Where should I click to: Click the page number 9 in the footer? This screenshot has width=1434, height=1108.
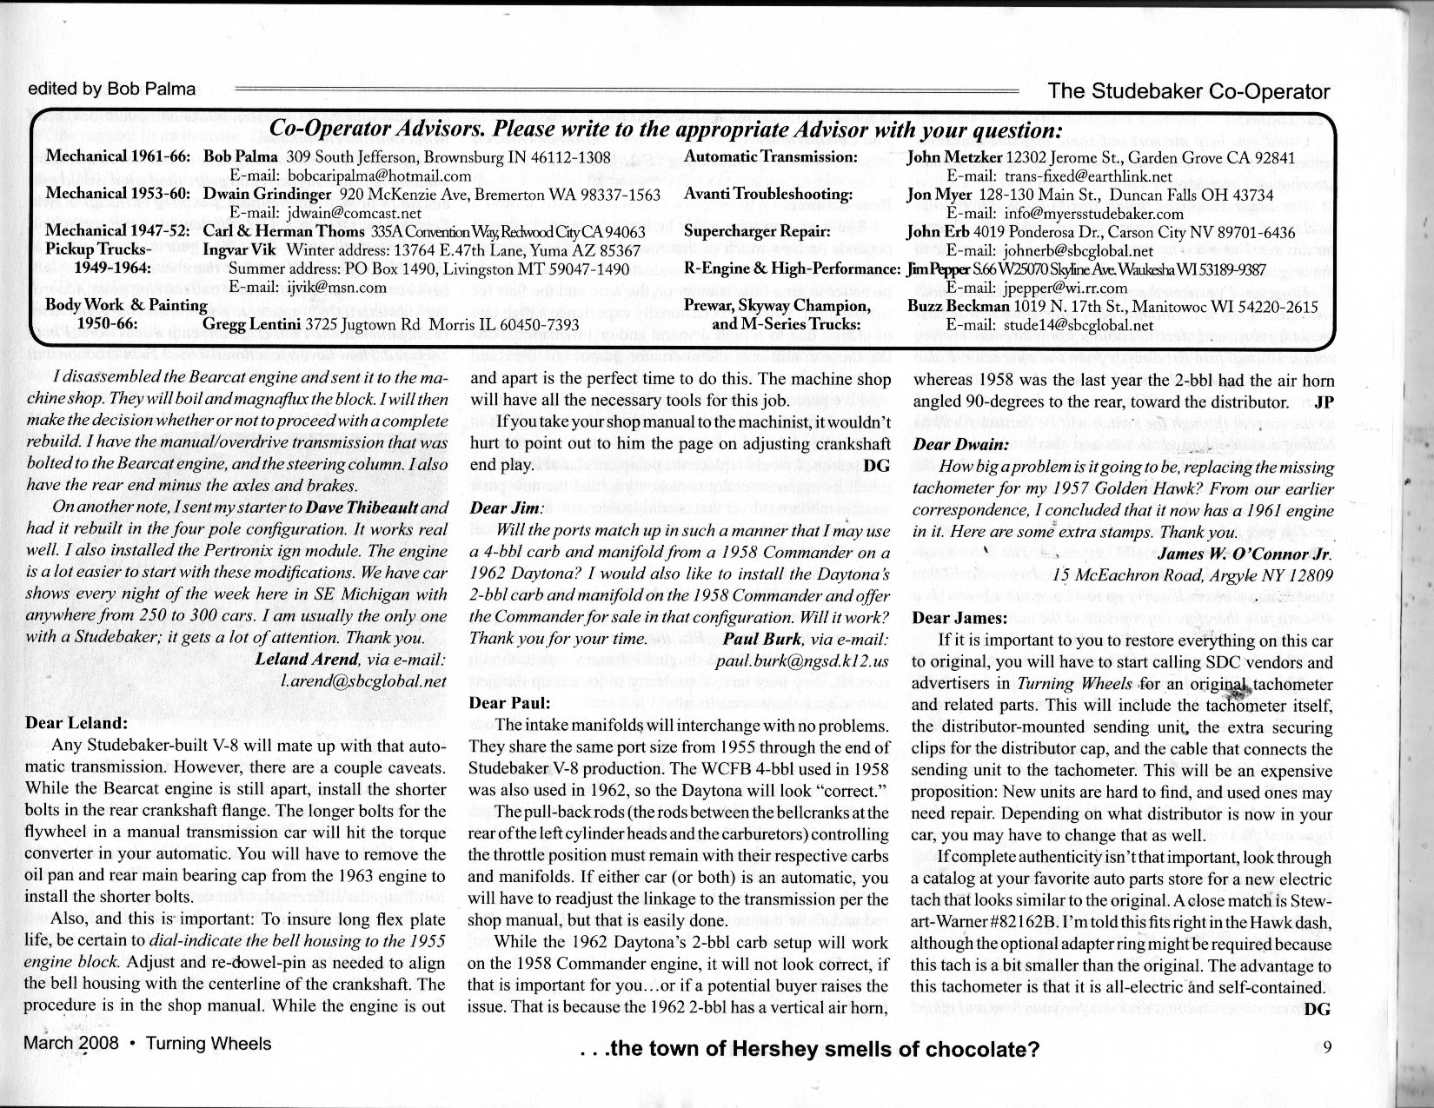[1325, 1046]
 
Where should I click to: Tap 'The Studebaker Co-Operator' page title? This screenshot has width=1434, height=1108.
[1189, 91]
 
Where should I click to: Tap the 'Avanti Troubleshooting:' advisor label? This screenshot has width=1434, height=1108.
[767, 194]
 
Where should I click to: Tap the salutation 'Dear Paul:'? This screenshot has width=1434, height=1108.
[509, 702]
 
